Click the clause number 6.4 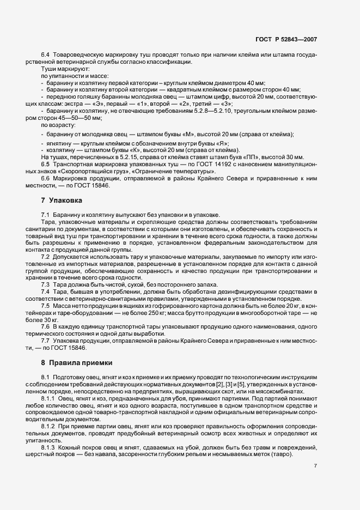(x=45, y=56)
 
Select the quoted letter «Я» (x=222, y=143)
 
